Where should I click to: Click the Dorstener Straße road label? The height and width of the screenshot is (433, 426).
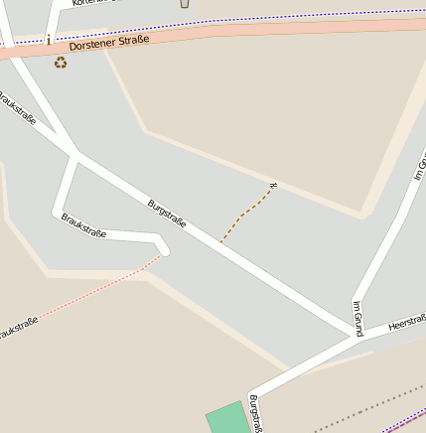109,43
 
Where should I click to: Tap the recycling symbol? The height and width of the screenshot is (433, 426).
61,63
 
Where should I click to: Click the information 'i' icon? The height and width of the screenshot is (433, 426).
48,40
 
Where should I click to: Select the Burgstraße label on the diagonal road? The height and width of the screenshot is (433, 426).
167,214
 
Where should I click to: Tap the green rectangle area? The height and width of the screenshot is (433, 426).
227,418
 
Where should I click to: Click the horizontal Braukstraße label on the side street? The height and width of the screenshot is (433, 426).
83,225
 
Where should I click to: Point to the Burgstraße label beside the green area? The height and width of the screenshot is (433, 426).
255,413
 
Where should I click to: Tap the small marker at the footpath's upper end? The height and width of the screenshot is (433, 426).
273,185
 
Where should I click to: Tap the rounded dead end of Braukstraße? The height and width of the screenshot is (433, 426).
162,245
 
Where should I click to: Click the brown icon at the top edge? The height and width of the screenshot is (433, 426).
184,3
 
